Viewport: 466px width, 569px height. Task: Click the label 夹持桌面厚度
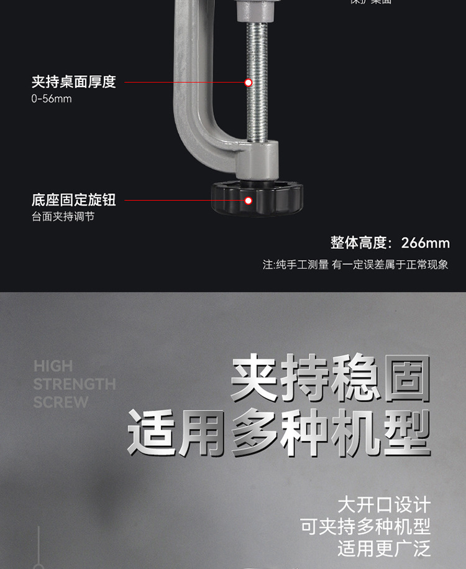point(73,82)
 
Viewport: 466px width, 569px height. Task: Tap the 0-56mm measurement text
point(52,99)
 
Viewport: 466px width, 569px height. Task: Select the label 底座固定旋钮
point(73,200)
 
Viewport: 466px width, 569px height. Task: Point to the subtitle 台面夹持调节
point(63,217)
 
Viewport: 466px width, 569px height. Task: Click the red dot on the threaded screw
point(248,82)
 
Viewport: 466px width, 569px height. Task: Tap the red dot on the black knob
point(248,200)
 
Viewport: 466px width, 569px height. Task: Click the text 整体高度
point(359,243)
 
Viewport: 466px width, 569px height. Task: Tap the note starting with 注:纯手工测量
point(355,264)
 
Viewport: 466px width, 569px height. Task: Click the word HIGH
point(53,366)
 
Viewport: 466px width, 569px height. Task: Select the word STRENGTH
point(75,384)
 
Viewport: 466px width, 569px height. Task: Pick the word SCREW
point(61,402)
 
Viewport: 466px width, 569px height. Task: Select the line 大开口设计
point(383,505)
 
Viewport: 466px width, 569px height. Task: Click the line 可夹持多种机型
point(365,527)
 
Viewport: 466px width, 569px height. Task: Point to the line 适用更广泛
point(383,548)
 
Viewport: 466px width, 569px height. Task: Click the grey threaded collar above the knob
point(255,159)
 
